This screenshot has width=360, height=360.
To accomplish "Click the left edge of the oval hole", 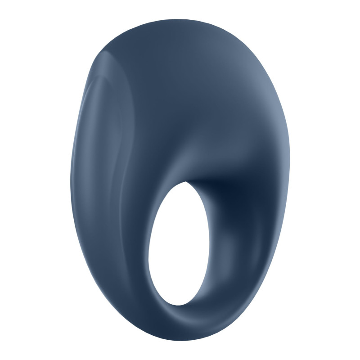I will [x=148, y=252].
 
